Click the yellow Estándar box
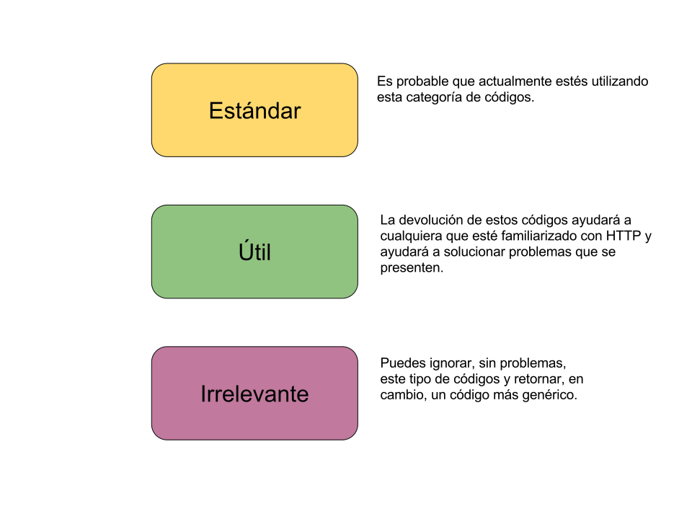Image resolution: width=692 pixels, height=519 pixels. click(254, 110)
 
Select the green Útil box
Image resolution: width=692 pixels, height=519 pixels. click(254, 252)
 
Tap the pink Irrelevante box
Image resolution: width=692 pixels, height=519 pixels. click(254, 394)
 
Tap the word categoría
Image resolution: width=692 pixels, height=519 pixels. click(434, 97)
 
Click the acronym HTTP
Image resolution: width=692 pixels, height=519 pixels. click(623, 236)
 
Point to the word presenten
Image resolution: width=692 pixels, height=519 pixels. click(412, 268)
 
